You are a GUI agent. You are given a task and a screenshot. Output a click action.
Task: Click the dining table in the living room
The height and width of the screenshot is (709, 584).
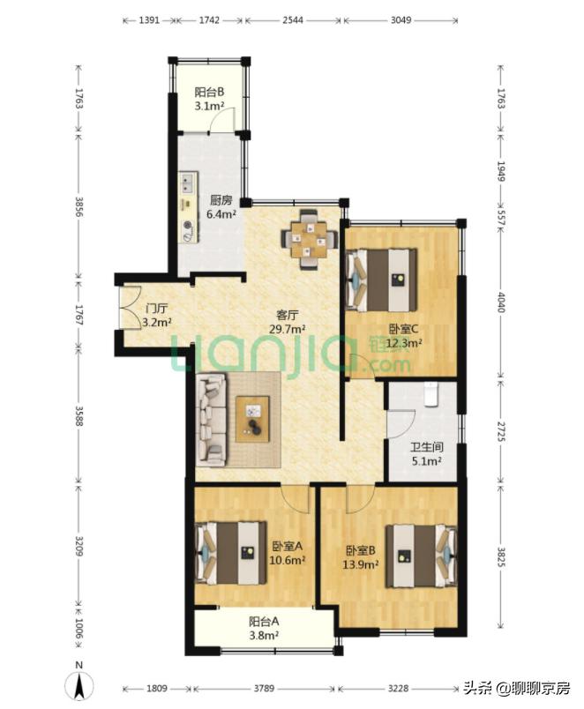[310, 239]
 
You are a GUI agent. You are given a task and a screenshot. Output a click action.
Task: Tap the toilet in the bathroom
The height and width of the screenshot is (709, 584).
[431, 394]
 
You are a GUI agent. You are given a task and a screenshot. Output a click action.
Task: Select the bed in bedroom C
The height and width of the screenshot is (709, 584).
[381, 280]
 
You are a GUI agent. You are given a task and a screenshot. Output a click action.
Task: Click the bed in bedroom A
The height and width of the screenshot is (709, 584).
[231, 553]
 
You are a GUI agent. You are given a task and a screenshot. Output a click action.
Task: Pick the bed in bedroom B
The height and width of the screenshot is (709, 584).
[421, 556]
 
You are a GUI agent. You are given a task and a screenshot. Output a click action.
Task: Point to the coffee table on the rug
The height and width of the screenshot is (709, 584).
[252, 419]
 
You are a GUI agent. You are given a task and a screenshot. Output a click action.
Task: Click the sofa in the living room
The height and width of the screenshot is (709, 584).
[211, 419]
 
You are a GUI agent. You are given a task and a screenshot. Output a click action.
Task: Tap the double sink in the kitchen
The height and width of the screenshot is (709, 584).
[187, 183]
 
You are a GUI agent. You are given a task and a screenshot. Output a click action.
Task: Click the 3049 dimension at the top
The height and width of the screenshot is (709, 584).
[401, 20]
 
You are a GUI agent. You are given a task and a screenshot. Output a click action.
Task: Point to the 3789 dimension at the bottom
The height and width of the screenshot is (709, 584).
[263, 688]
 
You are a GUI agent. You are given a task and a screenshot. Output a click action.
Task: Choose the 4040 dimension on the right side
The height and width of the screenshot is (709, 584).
[500, 302]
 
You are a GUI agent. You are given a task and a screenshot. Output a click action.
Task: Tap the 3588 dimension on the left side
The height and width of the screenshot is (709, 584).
[79, 415]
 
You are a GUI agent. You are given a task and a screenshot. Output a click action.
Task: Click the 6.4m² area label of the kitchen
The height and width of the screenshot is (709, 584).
[221, 214]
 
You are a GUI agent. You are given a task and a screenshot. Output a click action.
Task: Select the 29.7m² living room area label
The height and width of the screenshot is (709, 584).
[288, 329]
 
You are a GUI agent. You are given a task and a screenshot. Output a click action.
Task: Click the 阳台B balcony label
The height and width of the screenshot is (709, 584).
[209, 93]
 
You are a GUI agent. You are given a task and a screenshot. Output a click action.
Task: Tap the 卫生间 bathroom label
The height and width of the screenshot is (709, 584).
[427, 447]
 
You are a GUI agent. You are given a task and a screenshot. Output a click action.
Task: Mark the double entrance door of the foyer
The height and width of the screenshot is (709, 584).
[131, 308]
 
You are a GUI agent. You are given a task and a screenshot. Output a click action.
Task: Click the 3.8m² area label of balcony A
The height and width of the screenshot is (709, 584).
[264, 635]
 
